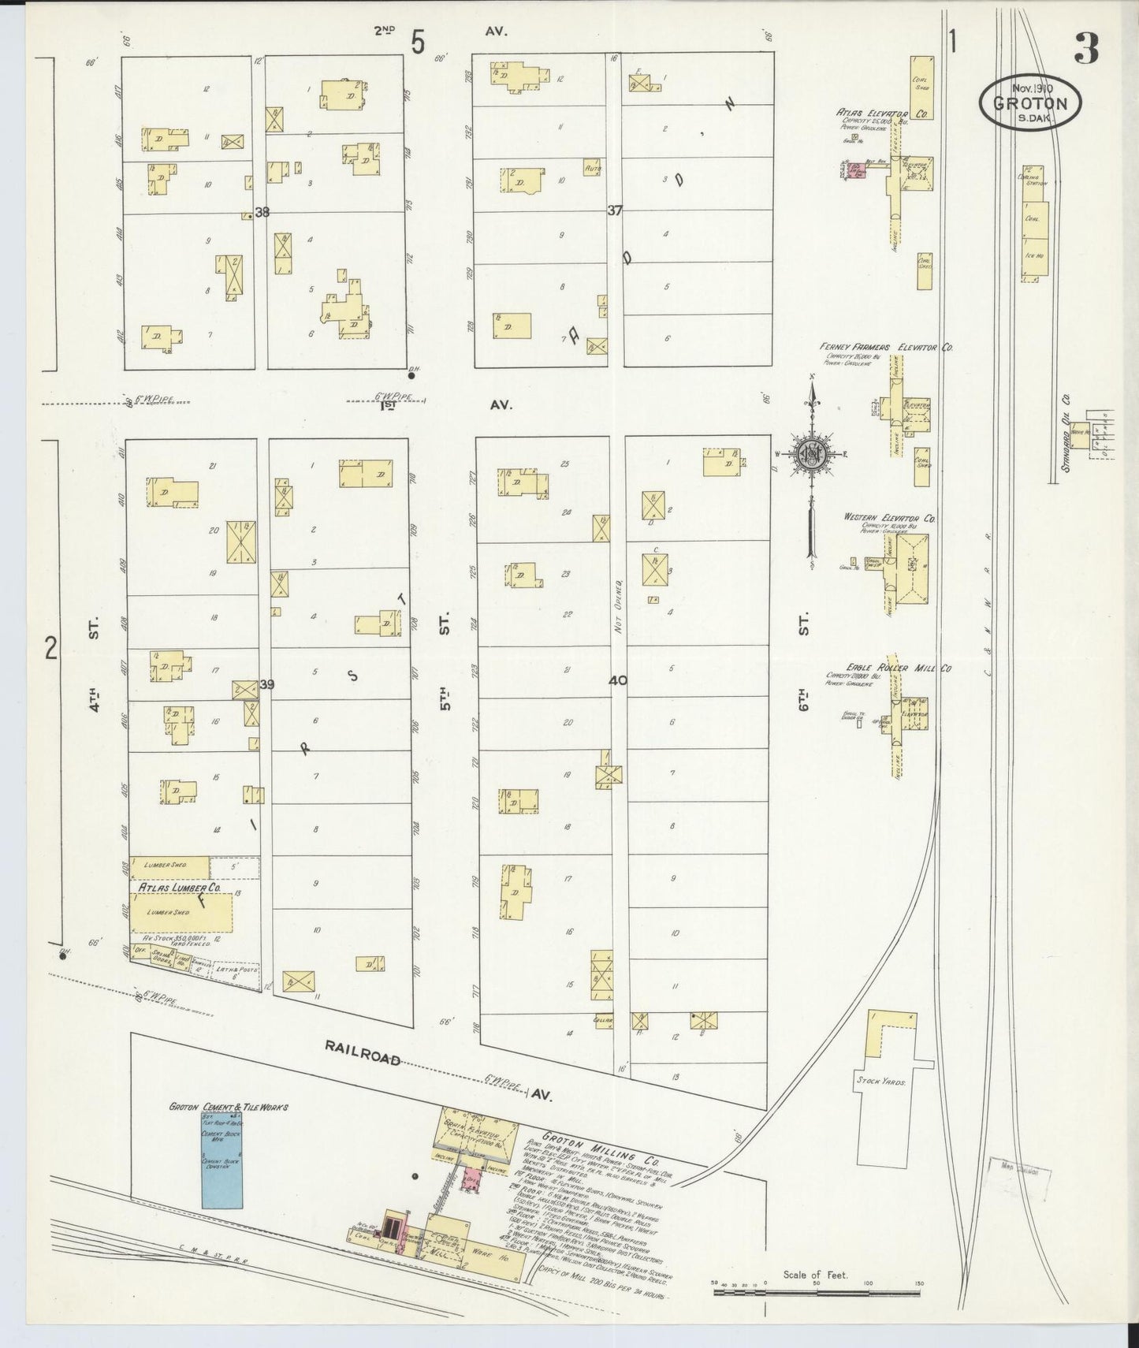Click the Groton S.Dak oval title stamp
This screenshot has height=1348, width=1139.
(1030, 102)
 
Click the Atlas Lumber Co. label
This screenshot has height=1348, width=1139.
(180, 888)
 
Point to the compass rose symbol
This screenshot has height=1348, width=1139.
(811, 455)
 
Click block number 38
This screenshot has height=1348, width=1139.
(262, 212)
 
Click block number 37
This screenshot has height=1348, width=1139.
(615, 210)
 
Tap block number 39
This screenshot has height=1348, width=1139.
(266, 684)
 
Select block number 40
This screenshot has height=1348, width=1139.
(617, 680)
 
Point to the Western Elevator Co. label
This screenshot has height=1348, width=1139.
(888, 518)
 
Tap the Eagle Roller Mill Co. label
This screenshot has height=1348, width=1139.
(898, 668)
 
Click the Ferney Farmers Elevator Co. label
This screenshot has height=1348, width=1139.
(886, 347)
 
